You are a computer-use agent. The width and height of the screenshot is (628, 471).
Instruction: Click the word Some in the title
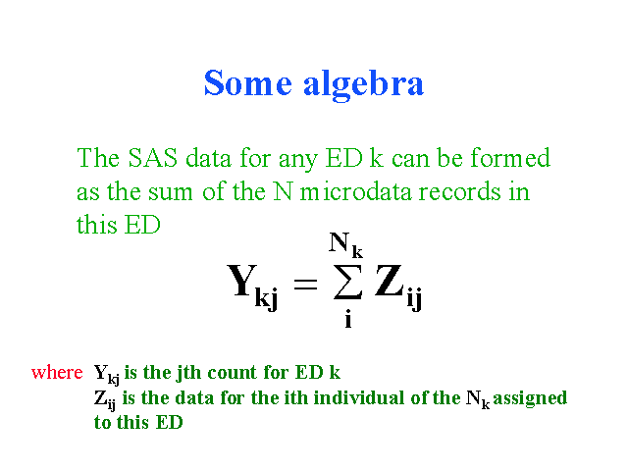(248, 82)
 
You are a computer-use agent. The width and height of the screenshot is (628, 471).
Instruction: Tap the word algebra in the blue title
(363, 85)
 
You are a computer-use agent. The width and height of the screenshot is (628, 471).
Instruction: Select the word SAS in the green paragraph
(153, 158)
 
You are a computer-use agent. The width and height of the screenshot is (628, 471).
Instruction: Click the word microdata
(356, 191)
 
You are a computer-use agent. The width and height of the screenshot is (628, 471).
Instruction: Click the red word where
(57, 372)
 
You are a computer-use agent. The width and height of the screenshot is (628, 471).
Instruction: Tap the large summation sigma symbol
(347, 282)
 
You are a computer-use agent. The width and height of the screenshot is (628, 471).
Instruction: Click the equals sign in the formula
(305, 285)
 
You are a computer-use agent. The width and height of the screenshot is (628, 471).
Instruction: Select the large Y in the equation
(241, 281)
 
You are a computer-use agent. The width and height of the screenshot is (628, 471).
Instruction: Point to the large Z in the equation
(389, 281)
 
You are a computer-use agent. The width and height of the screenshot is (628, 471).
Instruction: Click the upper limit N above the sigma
(339, 242)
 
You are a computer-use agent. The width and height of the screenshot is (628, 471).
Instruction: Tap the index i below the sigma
(348, 319)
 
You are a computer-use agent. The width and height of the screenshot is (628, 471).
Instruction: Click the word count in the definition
(232, 373)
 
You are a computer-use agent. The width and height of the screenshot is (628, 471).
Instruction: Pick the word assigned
(530, 399)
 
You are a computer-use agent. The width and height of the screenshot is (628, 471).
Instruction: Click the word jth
(188, 373)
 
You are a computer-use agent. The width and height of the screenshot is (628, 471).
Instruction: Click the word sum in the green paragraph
(171, 192)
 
